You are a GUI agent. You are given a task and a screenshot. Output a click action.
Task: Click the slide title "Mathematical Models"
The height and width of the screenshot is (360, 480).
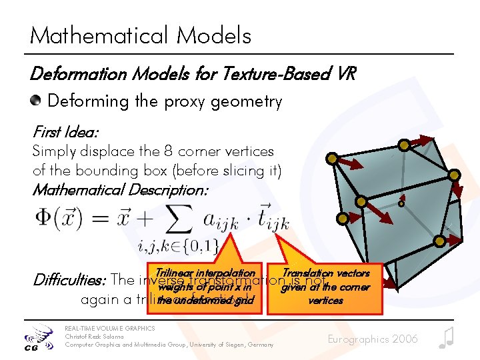[x=141, y=35]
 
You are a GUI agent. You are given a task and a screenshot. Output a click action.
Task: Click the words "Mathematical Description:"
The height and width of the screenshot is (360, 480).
[x=121, y=190]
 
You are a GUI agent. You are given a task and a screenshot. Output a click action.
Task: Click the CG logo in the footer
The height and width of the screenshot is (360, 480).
[x=36, y=338]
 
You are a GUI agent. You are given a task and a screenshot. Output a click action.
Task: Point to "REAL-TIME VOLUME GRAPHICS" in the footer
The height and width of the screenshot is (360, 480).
[x=109, y=329]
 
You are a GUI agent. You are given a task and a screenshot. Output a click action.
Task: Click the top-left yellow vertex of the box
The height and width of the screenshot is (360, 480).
[x=331, y=158]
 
